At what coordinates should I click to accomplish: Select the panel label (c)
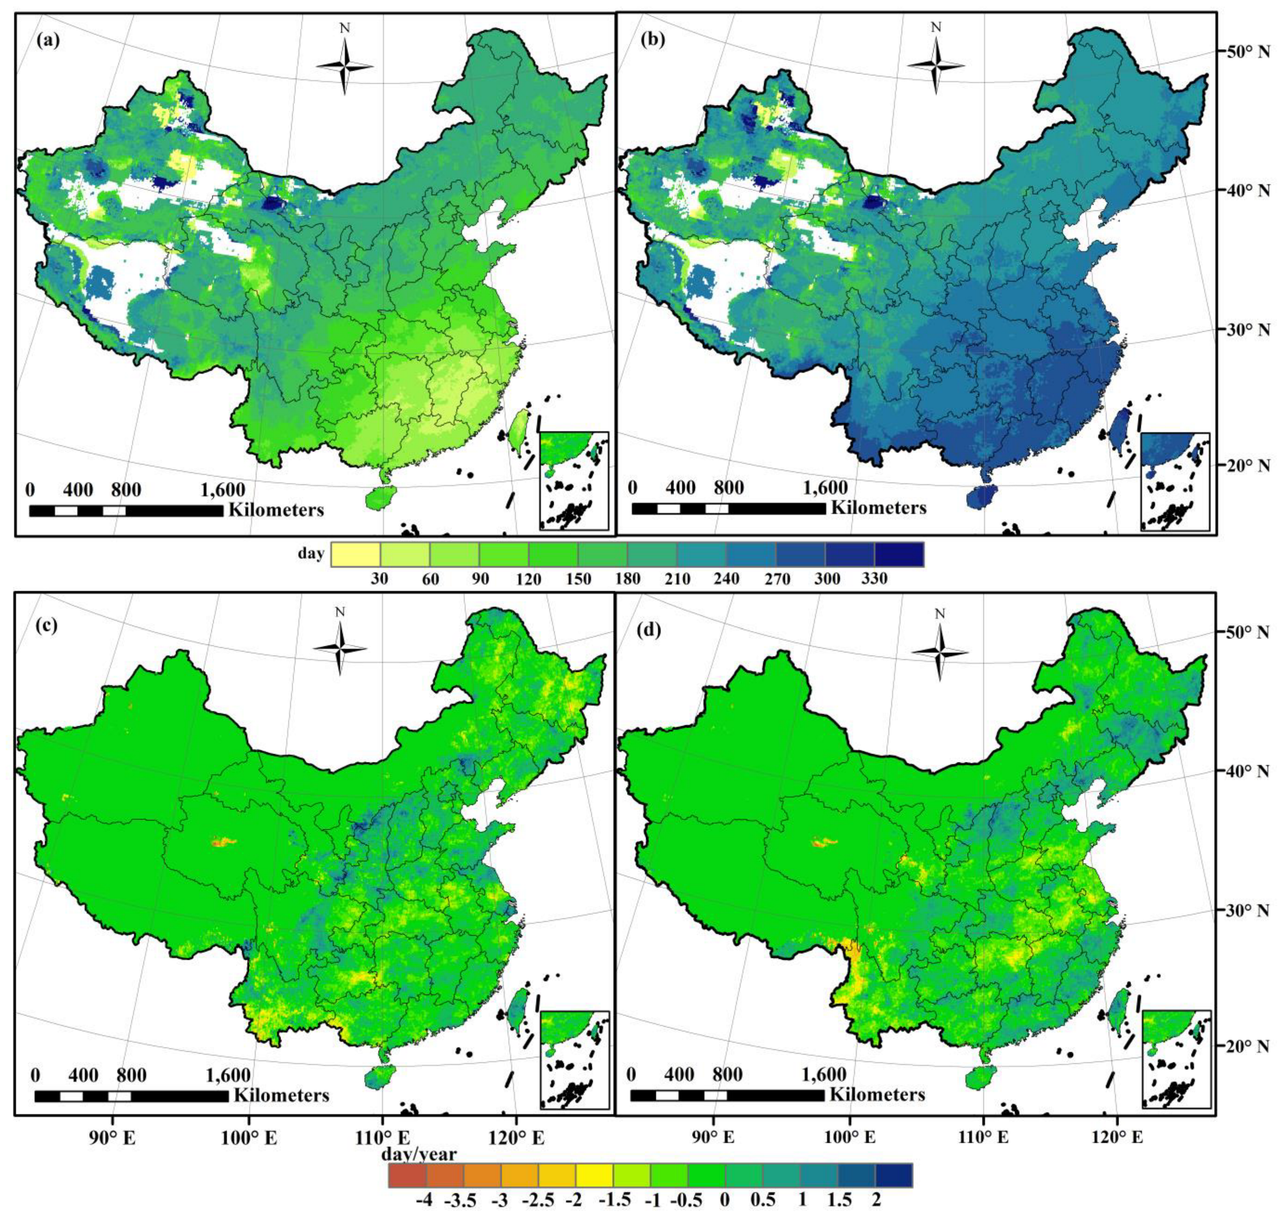click(49, 626)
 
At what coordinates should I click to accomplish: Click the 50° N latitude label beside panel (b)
click(1246, 51)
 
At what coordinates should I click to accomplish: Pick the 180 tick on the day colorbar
click(627, 579)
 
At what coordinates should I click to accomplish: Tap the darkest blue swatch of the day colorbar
click(898, 555)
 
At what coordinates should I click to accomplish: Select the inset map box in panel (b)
click(1175, 481)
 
